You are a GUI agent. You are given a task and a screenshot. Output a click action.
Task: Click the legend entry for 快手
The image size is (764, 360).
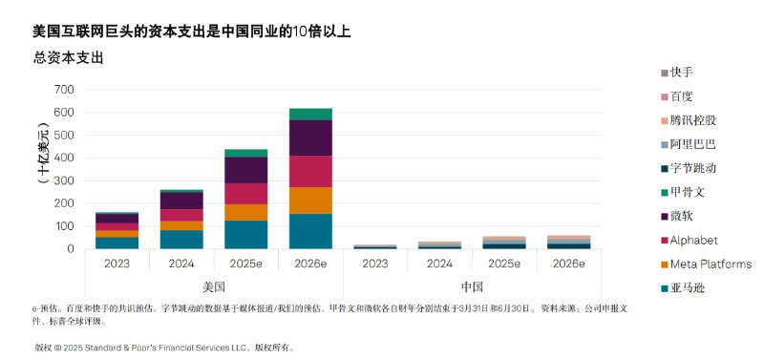coord(682,73)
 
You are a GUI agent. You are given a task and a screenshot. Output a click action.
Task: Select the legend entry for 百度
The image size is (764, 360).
coord(682,96)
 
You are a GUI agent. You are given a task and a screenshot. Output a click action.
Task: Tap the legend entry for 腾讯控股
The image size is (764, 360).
coord(692,120)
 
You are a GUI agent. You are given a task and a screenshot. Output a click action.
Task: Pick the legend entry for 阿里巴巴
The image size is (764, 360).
coord(692,144)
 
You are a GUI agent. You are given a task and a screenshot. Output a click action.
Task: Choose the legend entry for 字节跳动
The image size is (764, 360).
coord(692,168)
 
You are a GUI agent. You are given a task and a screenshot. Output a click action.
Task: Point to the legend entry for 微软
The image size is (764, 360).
coord(682,216)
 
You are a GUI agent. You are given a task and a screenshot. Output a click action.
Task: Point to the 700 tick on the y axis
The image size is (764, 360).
coord(64,90)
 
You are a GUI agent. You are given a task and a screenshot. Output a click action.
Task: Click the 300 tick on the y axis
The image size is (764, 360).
coord(64,180)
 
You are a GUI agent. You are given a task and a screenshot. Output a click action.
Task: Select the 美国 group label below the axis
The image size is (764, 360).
coord(214,286)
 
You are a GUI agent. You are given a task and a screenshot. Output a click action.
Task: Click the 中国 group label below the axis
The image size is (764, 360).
coord(472,286)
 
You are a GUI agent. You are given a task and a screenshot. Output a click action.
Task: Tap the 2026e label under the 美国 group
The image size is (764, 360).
coord(311,262)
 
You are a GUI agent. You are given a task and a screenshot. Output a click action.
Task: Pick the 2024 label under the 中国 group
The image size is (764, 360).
coord(440,262)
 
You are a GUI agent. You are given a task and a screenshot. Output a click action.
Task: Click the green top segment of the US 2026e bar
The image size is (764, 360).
coord(311,114)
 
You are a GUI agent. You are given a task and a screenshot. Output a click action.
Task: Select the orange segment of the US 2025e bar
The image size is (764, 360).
coord(246,212)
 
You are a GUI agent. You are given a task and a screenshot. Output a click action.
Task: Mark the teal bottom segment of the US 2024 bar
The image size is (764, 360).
coord(181,239)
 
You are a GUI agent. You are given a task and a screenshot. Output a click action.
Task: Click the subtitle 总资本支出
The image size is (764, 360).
coord(68,57)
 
